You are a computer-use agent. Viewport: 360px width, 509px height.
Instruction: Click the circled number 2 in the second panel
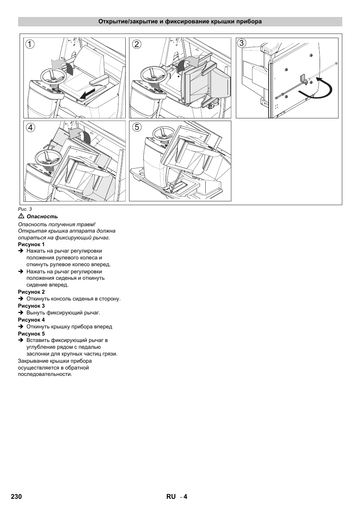137,44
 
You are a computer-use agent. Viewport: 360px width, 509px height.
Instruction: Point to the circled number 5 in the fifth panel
137,127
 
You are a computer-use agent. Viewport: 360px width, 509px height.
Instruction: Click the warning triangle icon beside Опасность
21,216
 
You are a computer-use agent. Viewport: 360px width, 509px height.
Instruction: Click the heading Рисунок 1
31,244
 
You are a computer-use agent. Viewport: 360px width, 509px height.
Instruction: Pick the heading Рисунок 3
31,306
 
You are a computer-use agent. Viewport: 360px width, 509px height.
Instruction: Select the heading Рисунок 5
31,334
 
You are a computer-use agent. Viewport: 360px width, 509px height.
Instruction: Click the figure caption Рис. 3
25,209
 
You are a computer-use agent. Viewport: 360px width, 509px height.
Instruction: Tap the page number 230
16,497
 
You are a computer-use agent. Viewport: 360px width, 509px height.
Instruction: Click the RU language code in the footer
171,497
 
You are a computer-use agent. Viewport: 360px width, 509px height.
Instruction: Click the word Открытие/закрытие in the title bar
128,21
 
